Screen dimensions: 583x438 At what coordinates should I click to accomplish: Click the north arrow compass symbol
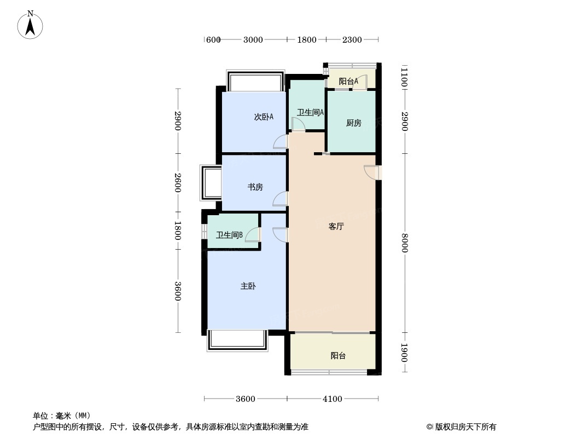pos(30,25)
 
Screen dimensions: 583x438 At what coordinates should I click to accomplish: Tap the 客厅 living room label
pos(336,226)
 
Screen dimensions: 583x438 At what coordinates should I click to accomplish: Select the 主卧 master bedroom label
pos(248,286)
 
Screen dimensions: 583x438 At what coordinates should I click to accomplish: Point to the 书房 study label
pos(255,187)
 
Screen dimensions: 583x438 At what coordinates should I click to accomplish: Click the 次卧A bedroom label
pos(264,117)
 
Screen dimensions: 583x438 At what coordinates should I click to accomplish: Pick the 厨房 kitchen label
pos(353,123)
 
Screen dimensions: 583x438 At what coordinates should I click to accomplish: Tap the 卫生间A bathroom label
pos(310,112)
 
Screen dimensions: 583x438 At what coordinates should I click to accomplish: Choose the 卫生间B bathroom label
pos(229,235)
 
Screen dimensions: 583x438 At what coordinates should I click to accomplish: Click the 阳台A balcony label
pos(348,80)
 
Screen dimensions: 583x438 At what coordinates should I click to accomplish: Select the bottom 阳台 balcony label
pos(338,355)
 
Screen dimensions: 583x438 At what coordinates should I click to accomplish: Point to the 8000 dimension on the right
pos(405,243)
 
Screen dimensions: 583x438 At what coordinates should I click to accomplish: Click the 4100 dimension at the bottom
pos(332,399)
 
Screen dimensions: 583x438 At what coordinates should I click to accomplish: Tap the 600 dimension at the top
pos(213,39)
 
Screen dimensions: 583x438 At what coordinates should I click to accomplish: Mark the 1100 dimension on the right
pos(405,77)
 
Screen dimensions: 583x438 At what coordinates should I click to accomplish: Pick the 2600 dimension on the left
pos(178,183)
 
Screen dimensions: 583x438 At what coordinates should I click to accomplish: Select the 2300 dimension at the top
pos(352,39)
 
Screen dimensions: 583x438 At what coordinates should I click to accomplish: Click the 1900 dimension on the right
pos(405,353)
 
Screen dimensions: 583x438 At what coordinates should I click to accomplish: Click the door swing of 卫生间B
pos(253,234)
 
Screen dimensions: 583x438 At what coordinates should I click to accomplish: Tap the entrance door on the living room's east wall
pos(372,172)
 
